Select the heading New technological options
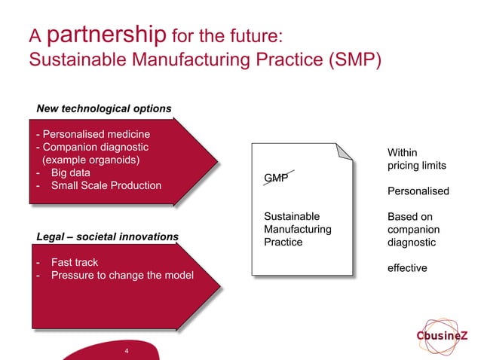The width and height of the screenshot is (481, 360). (x=104, y=108)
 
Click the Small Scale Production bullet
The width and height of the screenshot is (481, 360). (x=106, y=186)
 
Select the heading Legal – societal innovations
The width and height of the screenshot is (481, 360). (x=108, y=236)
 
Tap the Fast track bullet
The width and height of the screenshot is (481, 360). (x=74, y=263)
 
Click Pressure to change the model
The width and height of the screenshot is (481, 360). (x=121, y=276)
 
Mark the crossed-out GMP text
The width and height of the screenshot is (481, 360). (x=275, y=178)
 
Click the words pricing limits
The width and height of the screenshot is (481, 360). (x=417, y=165)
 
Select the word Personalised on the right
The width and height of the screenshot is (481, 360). (x=418, y=191)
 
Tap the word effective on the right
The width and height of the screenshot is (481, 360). (x=407, y=268)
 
